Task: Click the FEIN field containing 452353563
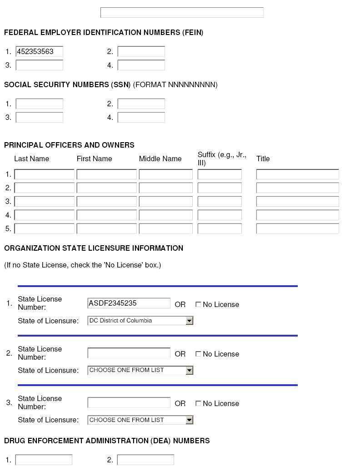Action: tap(39, 52)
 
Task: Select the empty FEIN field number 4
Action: tap(141, 65)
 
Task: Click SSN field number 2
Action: tap(141, 104)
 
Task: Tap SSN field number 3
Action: tap(39, 118)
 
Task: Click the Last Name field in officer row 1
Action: tap(44, 174)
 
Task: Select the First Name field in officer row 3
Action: tap(106, 202)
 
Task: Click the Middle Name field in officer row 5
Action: tap(165, 229)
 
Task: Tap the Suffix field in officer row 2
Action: tap(220, 188)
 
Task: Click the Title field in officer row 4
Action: tap(297, 215)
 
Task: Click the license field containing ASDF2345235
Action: tap(129, 303)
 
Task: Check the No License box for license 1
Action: tap(198, 305)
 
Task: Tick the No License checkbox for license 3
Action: tap(198, 403)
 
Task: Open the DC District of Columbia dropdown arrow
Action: tap(190, 321)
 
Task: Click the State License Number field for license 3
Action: tap(129, 402)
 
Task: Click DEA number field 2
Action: tap(145, 460)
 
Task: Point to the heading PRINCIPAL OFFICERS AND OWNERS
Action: tap(69, 145)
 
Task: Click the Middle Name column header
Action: tap(160, 159)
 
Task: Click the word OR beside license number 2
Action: tap(180, 354)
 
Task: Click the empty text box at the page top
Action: tap(182, 13)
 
